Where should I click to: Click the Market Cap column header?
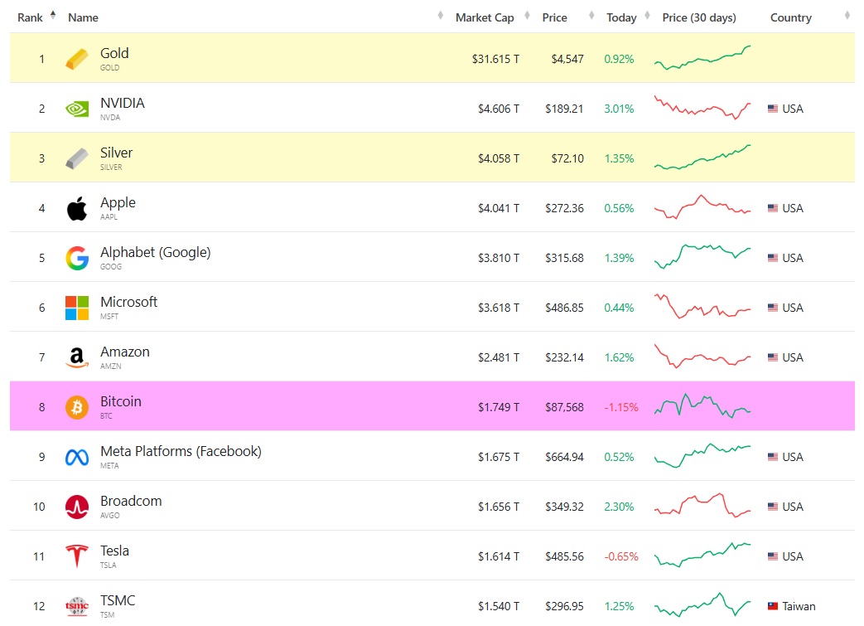tap(485, 17)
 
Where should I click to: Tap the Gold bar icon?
tap(77, 59)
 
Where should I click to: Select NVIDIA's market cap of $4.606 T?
tap(499, 109)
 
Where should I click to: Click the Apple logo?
tap(77, 208)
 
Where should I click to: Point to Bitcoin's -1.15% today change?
tap(620, 407)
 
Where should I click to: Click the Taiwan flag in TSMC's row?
tap(773, 606)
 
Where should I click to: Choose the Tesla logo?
tap(77, 556)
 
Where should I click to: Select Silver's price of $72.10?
tap(564, 158)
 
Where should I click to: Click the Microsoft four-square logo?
tap(77, 308)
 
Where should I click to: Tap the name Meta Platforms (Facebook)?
tap(181, 451)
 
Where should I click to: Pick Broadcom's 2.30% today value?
tap(619, 507)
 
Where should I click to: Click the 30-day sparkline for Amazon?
tap(702, 357)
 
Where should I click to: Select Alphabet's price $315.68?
tap(564, 258)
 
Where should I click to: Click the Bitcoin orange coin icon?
tap(77, 407)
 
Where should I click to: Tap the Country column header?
tap(790, 17)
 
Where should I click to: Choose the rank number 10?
tap(40, 507)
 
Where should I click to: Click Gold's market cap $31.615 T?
tap(495, 59)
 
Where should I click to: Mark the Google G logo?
tap(77, 258)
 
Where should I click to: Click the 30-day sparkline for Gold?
tap(702, 58)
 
